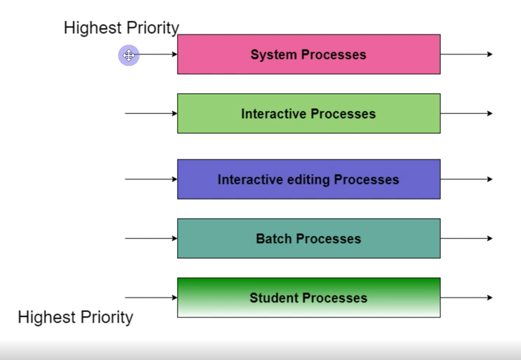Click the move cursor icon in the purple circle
(x=128, y=55)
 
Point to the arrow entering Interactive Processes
(x=151, y=113)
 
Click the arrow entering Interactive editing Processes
(x=151, y=179)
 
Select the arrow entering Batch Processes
(x=151, y=239)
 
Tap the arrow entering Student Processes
(x=151, y=298)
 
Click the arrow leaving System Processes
(x=467, y=55)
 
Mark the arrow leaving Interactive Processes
(x=467, y=113)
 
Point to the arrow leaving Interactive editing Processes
(x=467, y=179)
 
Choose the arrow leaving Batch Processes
(x=467, y=239)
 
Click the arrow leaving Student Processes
(x=467, y=298)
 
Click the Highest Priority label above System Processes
(x=121, y=28)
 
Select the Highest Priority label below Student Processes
(x=75, y=317)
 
